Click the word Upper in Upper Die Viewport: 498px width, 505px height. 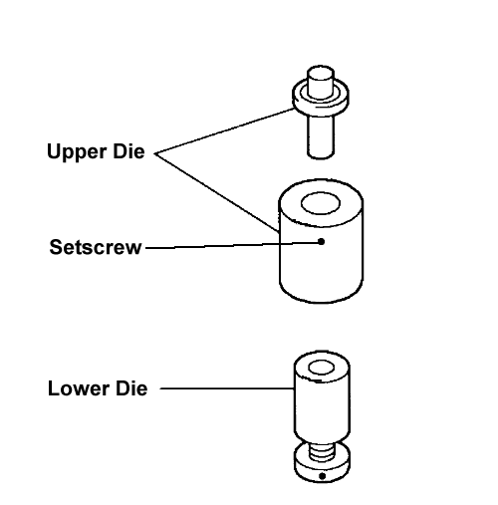click(x=77, y=152)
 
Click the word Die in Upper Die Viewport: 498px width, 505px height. click(x=128, y=151)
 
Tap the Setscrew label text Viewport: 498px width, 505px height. click(x=96, y=247)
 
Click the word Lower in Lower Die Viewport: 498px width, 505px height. click(x=79, y=388)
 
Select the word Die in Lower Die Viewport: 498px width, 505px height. click(x=131, y=388)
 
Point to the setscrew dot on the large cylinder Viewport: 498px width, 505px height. click(x=321, y=241)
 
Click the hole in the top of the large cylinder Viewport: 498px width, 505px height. click(x=321, y=203)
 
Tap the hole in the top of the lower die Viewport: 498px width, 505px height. click(x=322, y=368)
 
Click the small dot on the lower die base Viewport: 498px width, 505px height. click(x=322, y=476)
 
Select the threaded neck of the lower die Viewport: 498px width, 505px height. click(x=322, y=452)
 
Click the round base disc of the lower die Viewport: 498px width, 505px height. click(x=322, y=465)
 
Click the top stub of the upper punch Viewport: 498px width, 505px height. click(x=321, y=82)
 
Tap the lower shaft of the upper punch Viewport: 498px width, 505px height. click(x=321, y=136)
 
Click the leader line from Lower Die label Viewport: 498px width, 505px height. click(x=227, y=388)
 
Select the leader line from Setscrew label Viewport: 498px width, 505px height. click(x=233, y=245)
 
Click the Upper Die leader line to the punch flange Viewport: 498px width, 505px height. click(x=225, y=130)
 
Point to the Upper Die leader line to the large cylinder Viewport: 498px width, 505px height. click(x=217, y=192)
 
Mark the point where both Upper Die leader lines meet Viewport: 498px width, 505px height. click(x=155, y=153)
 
